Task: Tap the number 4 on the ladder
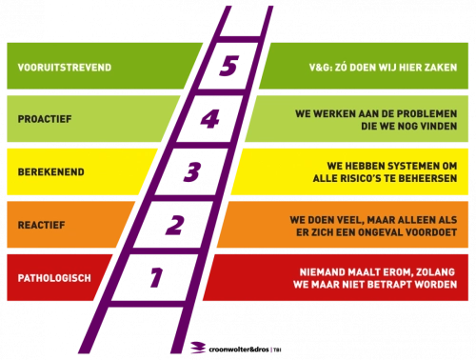[212, 120]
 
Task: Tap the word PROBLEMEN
[424, 112]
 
